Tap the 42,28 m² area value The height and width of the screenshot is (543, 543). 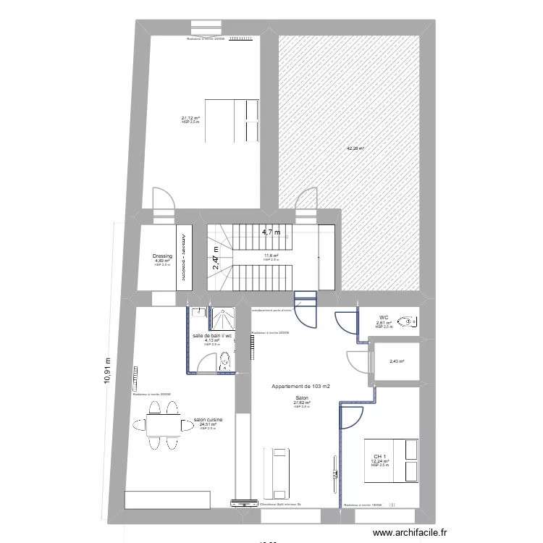355,148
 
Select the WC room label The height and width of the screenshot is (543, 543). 384,317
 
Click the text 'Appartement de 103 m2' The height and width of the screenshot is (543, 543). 300,387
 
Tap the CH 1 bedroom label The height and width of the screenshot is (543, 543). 380,456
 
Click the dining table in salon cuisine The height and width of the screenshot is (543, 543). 158,424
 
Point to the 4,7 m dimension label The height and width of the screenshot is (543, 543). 271,232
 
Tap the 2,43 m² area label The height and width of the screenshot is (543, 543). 397,362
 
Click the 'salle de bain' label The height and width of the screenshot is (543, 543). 211,336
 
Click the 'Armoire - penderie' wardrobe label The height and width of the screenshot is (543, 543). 185,256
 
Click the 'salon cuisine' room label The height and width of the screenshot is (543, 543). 208,419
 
